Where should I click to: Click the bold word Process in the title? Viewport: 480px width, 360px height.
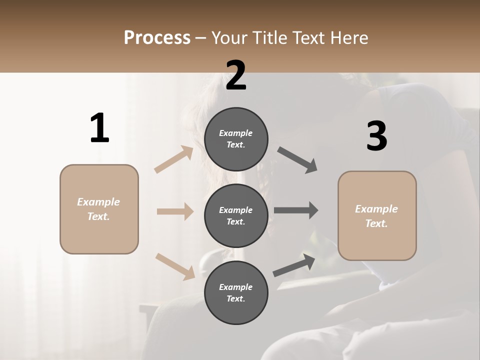pyautogui.click(x=157, y=38)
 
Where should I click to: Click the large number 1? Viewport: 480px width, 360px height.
pyautogui.click(x=99, y=128)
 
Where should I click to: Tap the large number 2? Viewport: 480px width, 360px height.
pyautogui.click(x=236, y=75)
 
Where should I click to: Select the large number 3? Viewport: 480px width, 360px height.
pyautogui.click(x=376, y=136)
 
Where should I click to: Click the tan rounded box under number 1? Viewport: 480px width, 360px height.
pyautogui.click(x=99, y=209)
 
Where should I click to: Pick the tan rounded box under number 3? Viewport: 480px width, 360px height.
pyautogui.click(x=377, y=216)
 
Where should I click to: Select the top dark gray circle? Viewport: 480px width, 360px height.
pyautogui.click(x=236, y=139)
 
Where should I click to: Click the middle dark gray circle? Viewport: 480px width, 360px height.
pyautogui.click(x=236, y=215)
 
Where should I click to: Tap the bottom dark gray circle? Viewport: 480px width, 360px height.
pyautogui.click(x=236, y=292)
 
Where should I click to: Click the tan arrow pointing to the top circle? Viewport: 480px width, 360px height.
pyautogui.click(x=173, y=159)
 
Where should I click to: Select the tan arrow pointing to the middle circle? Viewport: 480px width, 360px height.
pyautogui.click(x=175, y=211)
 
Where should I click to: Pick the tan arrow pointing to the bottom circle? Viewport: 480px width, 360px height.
pyautogui.click(x=175, y=266)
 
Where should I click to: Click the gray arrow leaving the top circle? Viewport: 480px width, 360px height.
pyautogui.click(x=297, y=160)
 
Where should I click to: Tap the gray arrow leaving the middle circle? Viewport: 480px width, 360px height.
pyautogui.click(x=296, y=210)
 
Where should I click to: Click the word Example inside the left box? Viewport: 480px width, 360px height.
pyautogui.click(x=98, y=202)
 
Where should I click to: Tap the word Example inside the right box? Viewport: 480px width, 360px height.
pyautogui.click(x=376, y=209)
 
